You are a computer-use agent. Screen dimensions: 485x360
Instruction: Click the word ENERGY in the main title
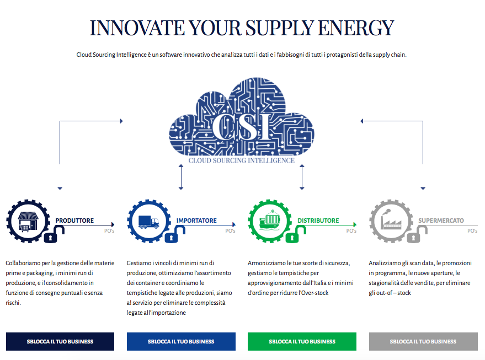point(356,28)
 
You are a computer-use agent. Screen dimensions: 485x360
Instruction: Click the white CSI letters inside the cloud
point(242,127)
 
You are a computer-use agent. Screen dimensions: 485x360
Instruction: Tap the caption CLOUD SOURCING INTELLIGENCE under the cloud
point(242,160)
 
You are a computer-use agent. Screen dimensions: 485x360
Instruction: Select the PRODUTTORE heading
point(74,221)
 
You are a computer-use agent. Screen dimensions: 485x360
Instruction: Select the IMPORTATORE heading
point(196,221)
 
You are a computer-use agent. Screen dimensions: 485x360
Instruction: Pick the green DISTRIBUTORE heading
point(318,221)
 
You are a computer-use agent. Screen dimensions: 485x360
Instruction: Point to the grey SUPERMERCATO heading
point(441,221)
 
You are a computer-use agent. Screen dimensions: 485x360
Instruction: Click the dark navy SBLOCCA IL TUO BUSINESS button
point(60,341)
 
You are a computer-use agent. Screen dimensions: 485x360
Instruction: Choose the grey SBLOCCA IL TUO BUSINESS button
point(423,341)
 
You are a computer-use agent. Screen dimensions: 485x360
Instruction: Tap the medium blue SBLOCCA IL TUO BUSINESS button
point(181,341)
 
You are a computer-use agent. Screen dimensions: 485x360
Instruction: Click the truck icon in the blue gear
point(149,222)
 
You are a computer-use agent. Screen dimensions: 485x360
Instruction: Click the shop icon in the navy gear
point(28,222)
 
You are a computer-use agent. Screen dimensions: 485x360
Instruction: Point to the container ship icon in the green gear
point(270,220)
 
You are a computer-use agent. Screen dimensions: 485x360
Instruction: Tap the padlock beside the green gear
point(295,234)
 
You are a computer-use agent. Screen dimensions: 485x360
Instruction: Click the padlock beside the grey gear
point(417,234)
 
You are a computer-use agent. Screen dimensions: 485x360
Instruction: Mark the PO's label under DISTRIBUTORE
point(351,231)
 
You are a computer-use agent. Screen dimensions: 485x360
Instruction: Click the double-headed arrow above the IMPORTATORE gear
point(181,177)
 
